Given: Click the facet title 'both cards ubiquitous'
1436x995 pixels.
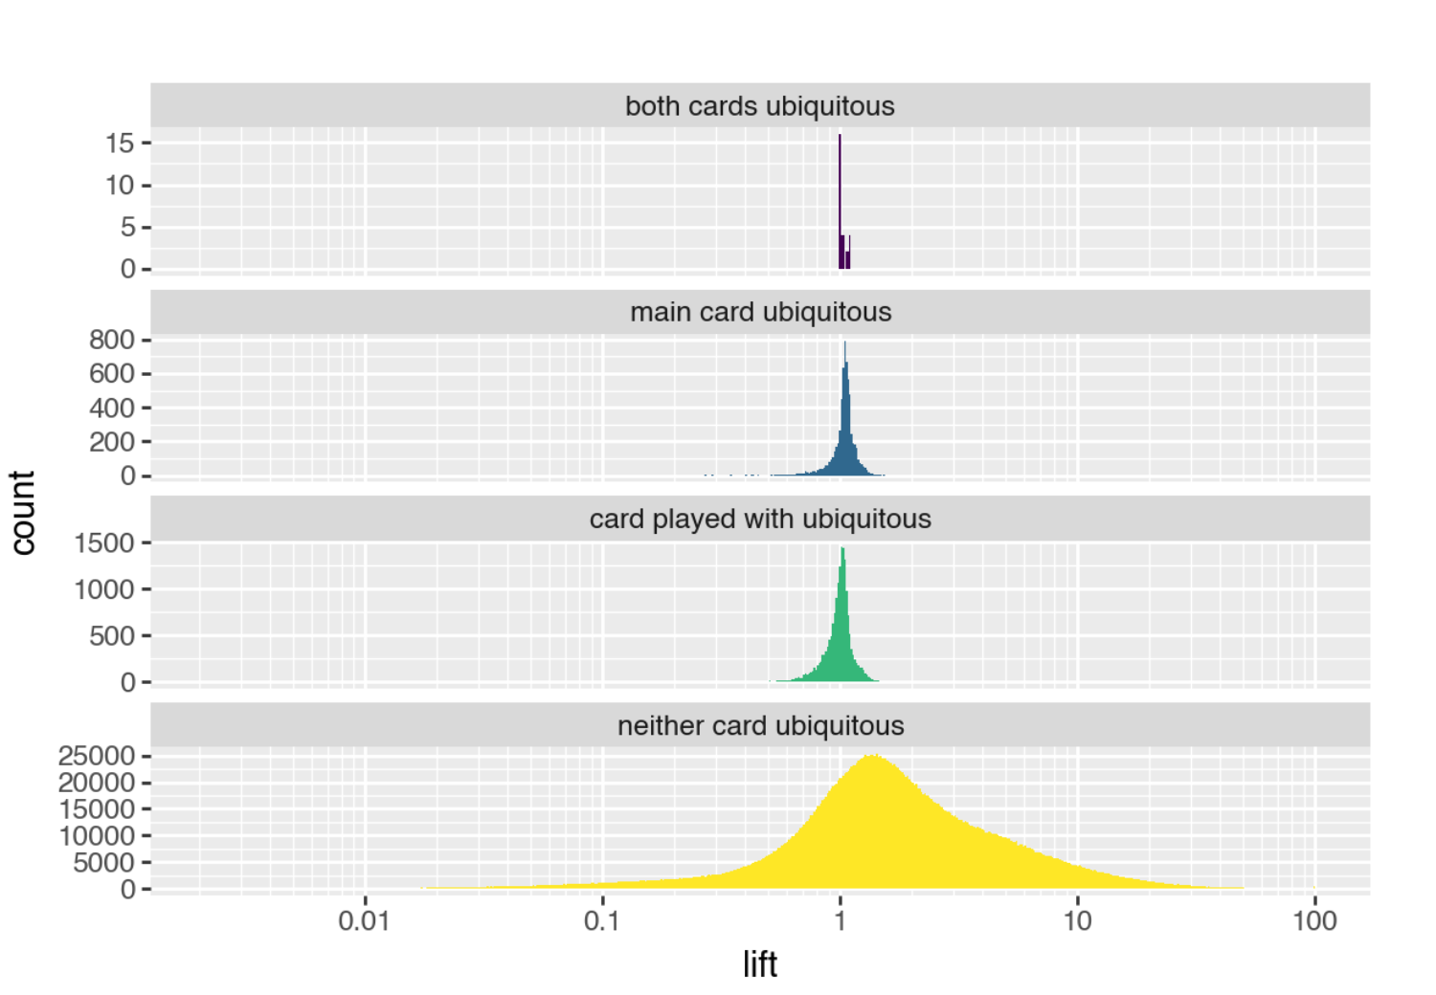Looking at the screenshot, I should pyautogui.click(x=759, y=106).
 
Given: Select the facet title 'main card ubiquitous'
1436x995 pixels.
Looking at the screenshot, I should pyautogui.click(x=760, y=313).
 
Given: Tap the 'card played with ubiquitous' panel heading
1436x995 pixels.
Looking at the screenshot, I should pyautogui.click(x=760, y=520).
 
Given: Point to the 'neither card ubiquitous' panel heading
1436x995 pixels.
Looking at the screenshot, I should pyautogui.click(x=760, y=726).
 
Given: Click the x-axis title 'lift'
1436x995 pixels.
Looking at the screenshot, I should pyautogui.click(x=759, y=964).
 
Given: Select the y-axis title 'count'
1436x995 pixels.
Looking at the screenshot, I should pyautogui.click(x=23, y=512).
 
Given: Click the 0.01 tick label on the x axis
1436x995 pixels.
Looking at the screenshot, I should pyautogui.click(x=364, y=921).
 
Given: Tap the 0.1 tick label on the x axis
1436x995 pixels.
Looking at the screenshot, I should pyautogui.click(x=601, y=921).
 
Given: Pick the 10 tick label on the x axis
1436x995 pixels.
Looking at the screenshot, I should pyautogui.click(x=1077, y=921).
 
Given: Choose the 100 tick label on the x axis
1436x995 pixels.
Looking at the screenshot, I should pyautogui.click(x=1314, y=921).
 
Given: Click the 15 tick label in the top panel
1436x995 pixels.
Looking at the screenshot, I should pyautogui.click(x=120, y=144).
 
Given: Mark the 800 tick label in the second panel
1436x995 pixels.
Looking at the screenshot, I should pyautogui.click(x=112, y=340).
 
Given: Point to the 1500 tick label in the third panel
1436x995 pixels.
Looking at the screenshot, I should pyautogui.click(x=104, y=543).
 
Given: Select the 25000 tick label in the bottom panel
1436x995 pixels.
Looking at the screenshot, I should pyautogui.click(x=97, y=756).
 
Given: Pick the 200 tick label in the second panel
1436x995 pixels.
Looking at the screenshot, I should pyautogui.click(x=112, y=442).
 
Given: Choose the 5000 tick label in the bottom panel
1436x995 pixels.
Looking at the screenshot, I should pyautogui.click(x=104, y=863).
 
